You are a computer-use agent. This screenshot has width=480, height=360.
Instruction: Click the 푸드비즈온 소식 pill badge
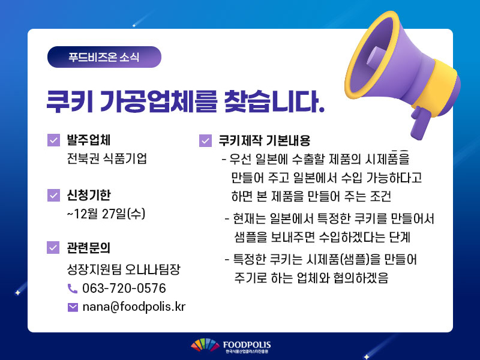pos(104,57)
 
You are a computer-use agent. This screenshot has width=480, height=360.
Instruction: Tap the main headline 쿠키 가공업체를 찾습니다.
pos(185,101)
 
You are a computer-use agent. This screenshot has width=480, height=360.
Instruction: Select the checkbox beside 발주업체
pos(53,140)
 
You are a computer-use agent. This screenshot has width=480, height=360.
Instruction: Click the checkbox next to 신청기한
pos(53,196)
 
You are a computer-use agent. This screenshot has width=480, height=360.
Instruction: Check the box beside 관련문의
pos(53,248)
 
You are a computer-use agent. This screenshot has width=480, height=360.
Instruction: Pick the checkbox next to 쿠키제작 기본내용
pos(205,141)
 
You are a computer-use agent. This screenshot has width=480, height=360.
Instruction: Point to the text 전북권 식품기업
pos(107,158)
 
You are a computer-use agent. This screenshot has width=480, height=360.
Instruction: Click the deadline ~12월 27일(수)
pos(106,214)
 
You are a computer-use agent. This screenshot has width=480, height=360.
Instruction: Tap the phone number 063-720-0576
pos(124,289)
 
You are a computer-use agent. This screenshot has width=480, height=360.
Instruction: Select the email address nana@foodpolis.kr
pos(134,307)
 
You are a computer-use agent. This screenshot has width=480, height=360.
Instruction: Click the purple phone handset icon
pos(72,289)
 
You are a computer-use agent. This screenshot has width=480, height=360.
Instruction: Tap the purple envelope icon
pos(73,307)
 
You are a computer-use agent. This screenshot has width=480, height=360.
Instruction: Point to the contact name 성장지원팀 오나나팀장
pos(124,269)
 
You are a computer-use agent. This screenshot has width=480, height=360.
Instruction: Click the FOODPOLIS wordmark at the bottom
pos(247,345)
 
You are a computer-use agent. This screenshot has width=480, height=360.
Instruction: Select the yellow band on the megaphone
pos(437,83)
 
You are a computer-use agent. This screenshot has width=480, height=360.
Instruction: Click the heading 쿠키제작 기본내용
pos(265,140)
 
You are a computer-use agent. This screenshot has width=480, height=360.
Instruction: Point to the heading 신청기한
pos(89,196)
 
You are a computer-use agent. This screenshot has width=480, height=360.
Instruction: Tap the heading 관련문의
pos(88,248)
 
